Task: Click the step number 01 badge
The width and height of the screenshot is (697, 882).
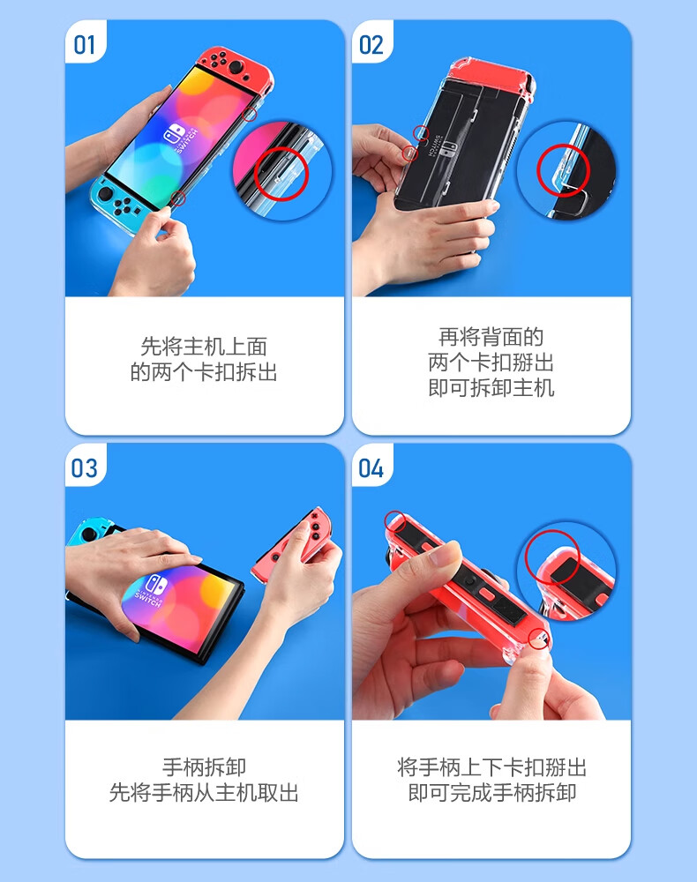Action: tap(85, 45)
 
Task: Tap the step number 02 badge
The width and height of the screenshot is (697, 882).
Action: tap(371, 45)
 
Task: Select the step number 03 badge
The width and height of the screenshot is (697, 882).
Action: tap(85, 468)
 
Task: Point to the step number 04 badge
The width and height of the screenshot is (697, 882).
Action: tap(371, 468)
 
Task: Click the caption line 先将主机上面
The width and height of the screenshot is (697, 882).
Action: tap(204, 347)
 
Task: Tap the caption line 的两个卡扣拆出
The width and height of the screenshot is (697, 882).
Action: tap(204, 372)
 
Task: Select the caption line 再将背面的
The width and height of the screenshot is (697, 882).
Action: tap(491, 337)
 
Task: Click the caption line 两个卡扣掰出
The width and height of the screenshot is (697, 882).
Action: tap(491, 363)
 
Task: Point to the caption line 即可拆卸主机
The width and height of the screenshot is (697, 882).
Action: tap(491, 387)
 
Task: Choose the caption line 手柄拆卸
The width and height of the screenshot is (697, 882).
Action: tap(204, 766)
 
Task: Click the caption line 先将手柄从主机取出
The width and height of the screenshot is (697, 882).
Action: tap(204, 792)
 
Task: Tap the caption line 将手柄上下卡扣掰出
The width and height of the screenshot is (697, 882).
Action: tap(491, 766)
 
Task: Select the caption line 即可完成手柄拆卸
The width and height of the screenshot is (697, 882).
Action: tap(491, 792)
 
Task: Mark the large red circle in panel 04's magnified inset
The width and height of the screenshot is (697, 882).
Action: tap(526, 557)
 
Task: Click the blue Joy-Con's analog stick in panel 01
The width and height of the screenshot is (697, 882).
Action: tap(105, 194)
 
